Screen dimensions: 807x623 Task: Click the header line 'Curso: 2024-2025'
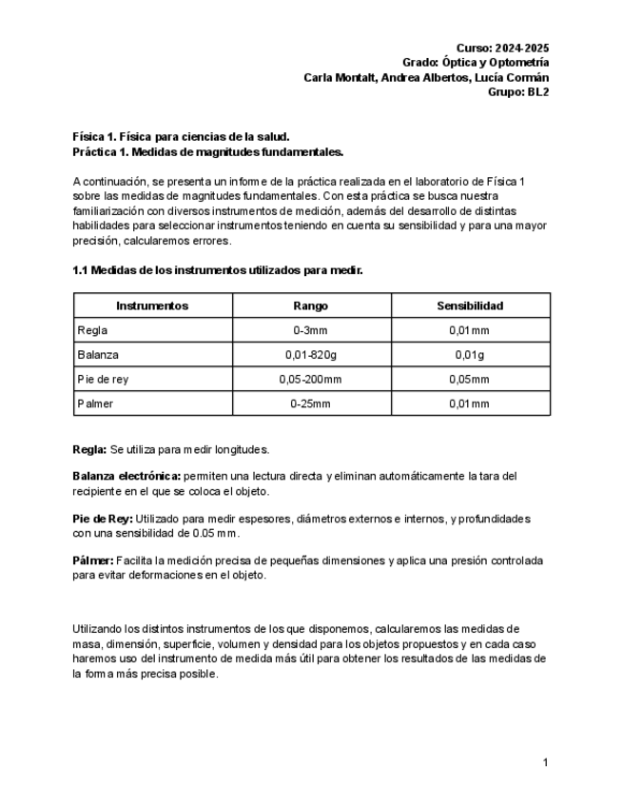pos(502,48)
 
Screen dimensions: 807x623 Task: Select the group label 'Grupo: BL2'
pos(517,92)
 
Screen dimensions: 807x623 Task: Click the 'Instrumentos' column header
pos(152,306)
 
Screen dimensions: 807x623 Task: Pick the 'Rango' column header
pos(311,306)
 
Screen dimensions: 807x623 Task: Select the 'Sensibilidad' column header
pos(470,306)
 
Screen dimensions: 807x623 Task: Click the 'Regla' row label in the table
pos(93,330)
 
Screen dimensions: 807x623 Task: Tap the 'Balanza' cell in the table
pos(99,355)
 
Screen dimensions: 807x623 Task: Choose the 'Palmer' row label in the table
pos(96,403)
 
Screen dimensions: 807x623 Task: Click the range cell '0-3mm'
pos(311,330)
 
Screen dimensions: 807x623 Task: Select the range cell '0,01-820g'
pos(311,355)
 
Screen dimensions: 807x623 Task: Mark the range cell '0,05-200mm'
pos(311,379)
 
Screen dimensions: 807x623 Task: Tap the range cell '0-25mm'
pos(311,403)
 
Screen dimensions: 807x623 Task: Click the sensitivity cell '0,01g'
pos(470,355)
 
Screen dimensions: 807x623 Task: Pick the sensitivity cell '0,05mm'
pos(470,379)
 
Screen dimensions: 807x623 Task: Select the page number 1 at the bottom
pos(545,762)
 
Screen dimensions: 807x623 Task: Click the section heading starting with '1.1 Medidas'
pos(218,270)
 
